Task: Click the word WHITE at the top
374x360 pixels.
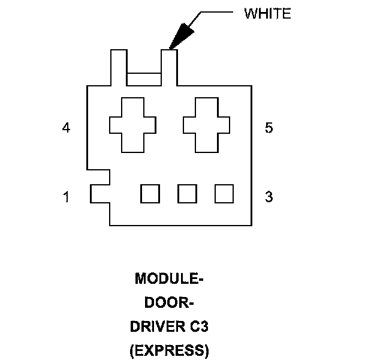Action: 267,14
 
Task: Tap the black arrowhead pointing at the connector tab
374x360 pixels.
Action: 180,35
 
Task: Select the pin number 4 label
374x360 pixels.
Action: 66,128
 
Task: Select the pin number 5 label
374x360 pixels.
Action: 269,128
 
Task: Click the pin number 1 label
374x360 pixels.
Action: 66,196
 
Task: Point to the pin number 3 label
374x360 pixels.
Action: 269,196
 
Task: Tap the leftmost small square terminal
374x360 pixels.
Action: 150,194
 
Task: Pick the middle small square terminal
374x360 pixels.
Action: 187,194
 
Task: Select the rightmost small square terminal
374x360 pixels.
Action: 224,194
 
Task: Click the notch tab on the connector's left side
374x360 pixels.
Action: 100,194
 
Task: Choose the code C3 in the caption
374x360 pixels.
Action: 197,327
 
